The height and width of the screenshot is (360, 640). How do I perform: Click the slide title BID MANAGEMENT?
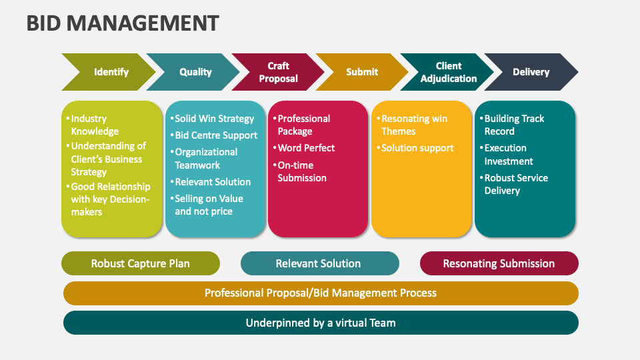click(123, 23)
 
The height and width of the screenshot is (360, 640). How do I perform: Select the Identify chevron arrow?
click(111, 72)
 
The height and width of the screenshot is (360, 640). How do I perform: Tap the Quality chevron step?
click(195, 72)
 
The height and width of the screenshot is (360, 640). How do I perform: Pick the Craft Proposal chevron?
click(279, 72)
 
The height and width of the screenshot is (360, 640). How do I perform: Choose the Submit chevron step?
click(362, 72)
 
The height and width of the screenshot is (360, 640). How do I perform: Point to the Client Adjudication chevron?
click(448, 72)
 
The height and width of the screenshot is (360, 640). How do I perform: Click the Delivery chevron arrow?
click(531, 72)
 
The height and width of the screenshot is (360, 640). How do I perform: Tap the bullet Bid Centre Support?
click(216, 135)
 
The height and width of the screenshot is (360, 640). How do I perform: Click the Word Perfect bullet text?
click(306, 148)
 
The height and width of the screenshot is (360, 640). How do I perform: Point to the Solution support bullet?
click(417, 148)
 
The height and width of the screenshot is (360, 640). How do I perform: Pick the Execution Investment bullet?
click(509, 155)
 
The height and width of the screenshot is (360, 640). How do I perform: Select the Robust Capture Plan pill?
click(140, 263)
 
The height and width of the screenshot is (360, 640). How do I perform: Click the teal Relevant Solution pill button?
click(319, 263)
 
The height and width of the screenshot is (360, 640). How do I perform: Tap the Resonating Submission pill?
click(499, 263)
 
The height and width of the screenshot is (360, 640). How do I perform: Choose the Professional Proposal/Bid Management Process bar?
click(321, 293)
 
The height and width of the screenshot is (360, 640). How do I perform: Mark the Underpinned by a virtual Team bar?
click(321, 323)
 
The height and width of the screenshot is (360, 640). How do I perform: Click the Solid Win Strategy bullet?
click(214, 119)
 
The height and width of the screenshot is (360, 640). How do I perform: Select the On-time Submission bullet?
click(302, 171)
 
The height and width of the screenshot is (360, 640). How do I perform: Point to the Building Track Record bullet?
click(514, 125)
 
